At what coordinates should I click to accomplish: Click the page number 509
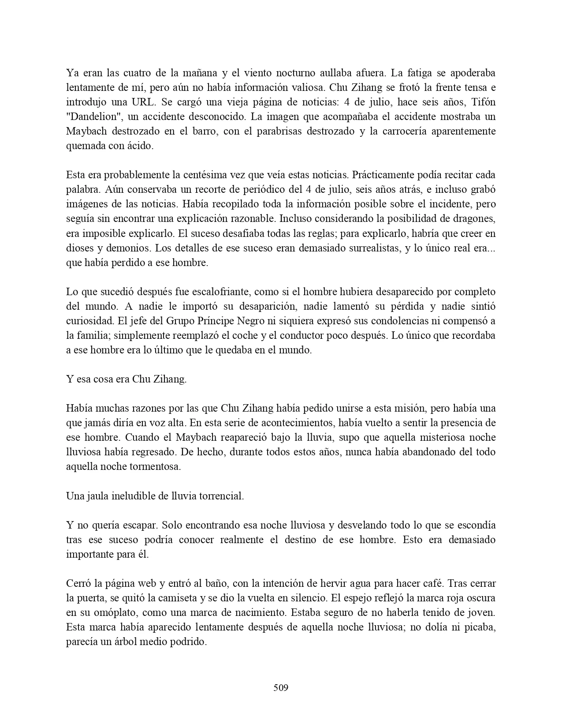coord(281,687)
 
